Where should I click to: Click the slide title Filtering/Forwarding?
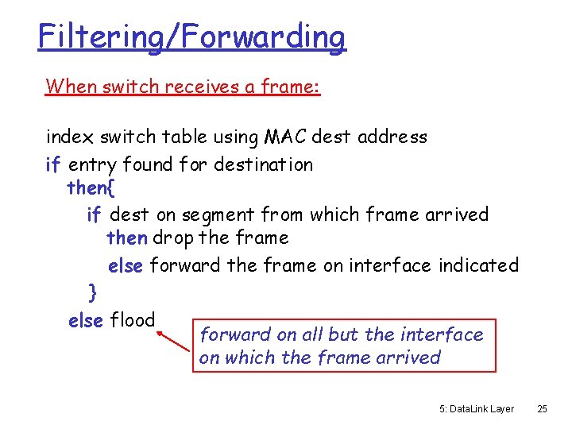191,37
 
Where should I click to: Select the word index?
70,137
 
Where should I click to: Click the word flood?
132,321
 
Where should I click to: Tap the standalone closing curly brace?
93,293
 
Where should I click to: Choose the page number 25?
542,409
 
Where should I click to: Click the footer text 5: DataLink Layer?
476,409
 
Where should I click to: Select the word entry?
92,165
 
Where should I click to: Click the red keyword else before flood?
86,321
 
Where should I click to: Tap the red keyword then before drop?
126,238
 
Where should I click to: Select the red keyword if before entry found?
53,165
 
